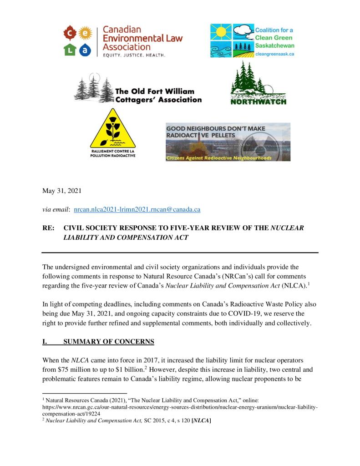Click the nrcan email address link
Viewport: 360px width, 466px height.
coord(137,209)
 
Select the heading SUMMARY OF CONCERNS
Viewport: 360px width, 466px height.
coord(108,341)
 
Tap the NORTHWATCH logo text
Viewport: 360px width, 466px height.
coord(259,101)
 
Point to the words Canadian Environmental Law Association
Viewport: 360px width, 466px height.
coord(142,38)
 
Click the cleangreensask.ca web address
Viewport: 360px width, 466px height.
coord(274,53)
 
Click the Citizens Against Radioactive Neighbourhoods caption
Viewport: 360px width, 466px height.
coord(219,158)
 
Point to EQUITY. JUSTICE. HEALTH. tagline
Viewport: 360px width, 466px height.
coord(134,55)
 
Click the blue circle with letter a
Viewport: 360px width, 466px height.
coord(84,50)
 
